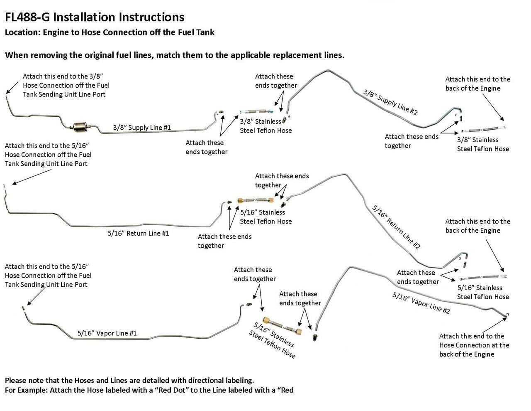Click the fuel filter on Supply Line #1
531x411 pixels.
79,126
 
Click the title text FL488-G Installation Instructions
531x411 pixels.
95,17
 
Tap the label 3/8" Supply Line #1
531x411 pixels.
142,128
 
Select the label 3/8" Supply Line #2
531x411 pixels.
390,102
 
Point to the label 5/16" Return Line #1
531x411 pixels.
138,233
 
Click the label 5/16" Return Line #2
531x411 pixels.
396,227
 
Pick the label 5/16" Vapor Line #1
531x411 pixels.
107,333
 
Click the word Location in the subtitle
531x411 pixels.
21,32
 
